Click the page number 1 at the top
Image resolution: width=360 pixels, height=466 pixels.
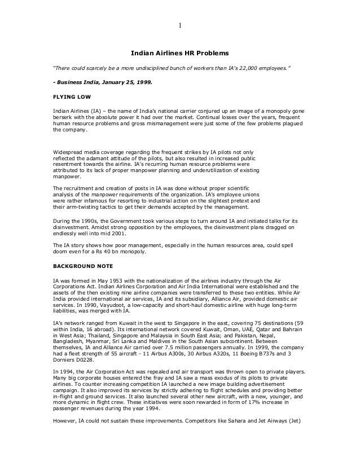[x=179, y=25]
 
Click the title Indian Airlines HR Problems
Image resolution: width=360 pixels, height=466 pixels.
[x=180, y=54]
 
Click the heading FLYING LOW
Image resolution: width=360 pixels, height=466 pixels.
[x=69, y=96]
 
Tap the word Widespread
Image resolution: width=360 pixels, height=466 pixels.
[x=67, y=152]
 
